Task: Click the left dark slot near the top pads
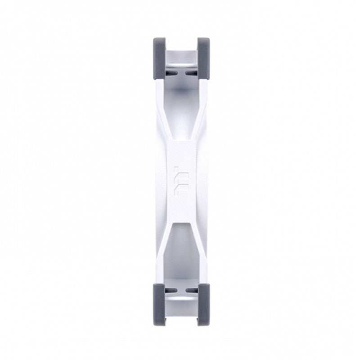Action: point(173,71)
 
